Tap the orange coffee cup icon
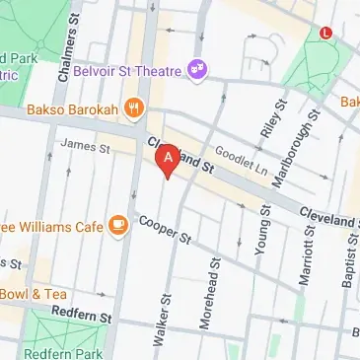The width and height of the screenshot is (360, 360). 119,227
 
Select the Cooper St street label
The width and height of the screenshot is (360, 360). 164,230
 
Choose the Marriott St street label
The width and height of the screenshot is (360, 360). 307,255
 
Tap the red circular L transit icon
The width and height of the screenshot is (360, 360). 326,33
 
